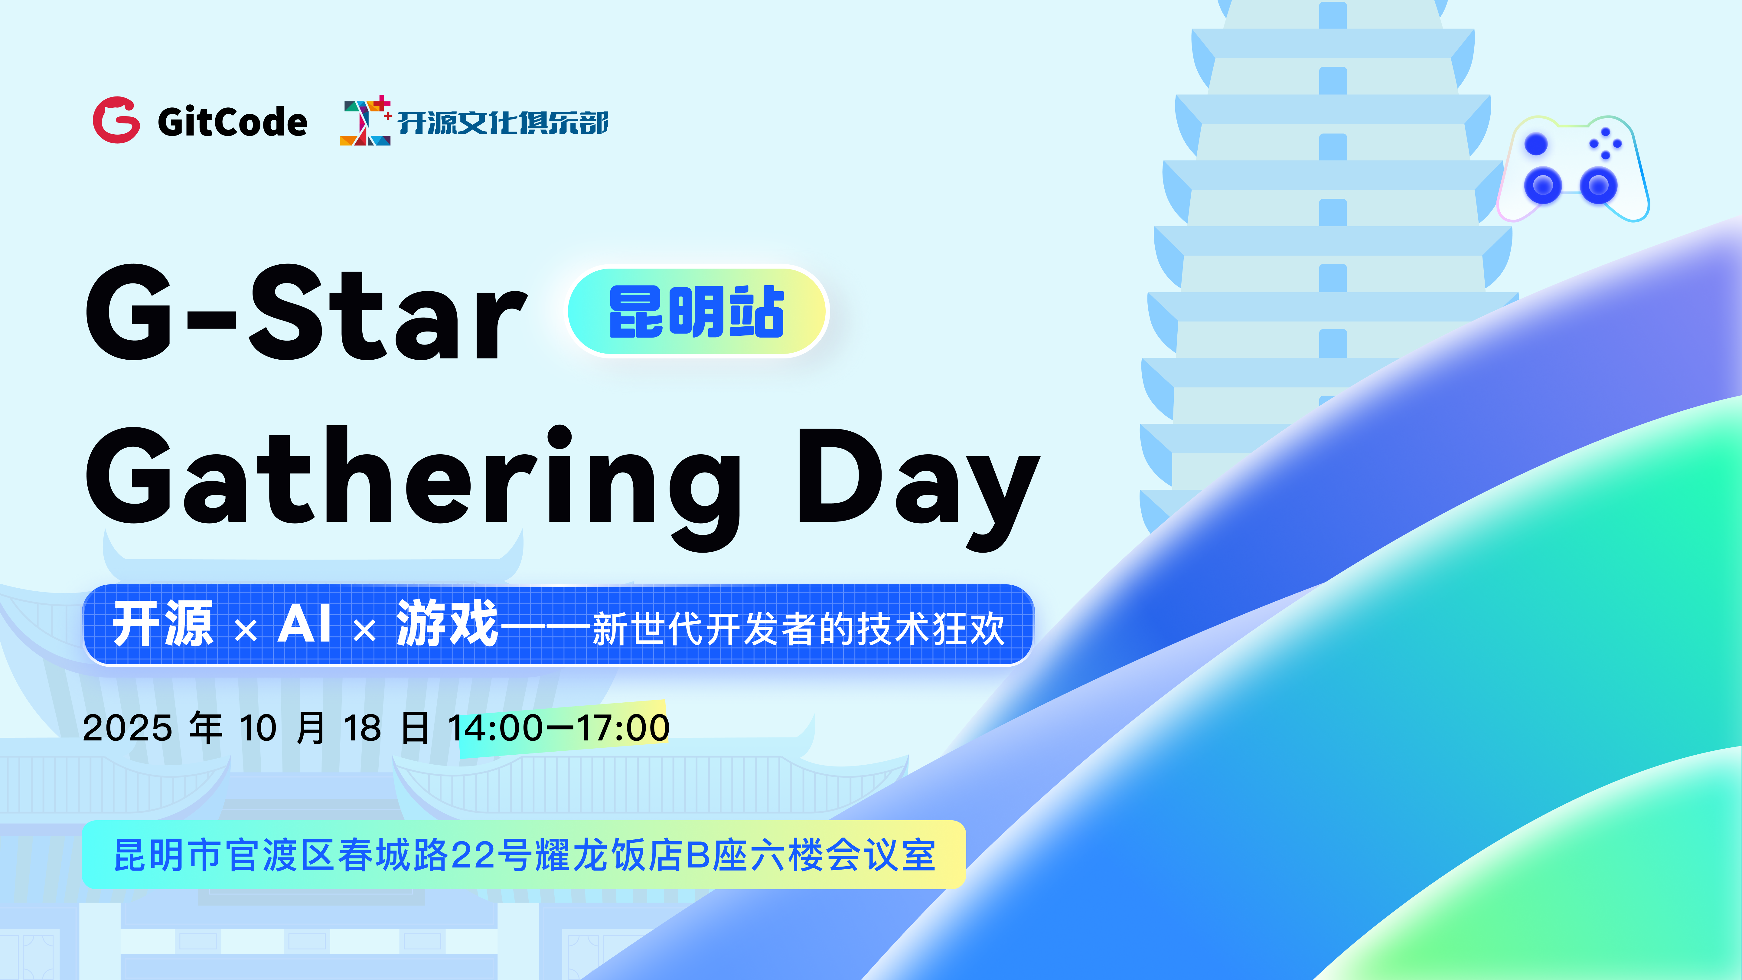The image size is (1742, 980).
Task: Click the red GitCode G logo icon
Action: pos(116,120)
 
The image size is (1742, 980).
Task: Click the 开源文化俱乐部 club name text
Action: pos(503,122)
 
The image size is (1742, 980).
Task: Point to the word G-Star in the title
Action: pos(306,312)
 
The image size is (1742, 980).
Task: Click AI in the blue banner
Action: pos(304,624)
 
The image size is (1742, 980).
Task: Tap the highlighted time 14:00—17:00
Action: pos(559,728)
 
